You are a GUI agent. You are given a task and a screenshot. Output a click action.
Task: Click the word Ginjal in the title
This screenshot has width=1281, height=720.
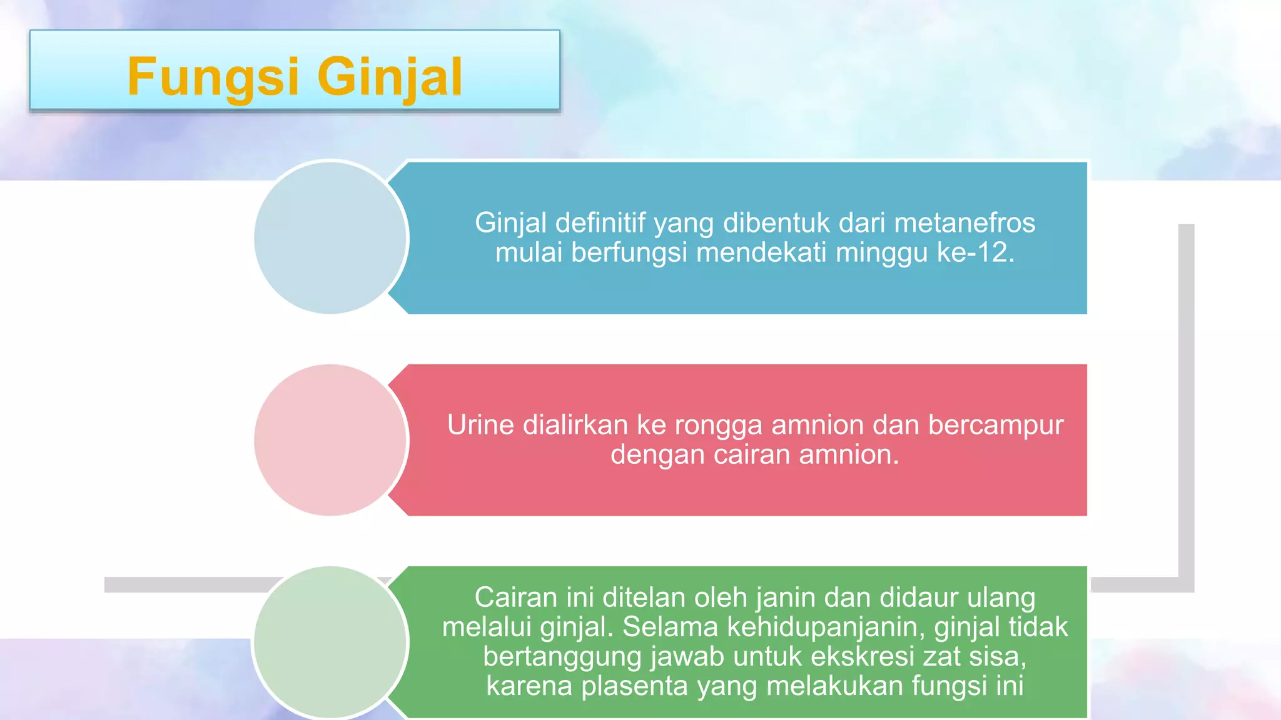(390, 77)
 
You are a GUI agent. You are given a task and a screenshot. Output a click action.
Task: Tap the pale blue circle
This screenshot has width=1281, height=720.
(330, 237)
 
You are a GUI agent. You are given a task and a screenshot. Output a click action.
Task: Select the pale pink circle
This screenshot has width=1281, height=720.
(330, 440)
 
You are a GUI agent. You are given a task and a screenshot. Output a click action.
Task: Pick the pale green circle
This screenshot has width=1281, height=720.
(330, 642)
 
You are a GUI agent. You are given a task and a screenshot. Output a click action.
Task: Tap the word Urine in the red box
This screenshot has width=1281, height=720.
(480, 425)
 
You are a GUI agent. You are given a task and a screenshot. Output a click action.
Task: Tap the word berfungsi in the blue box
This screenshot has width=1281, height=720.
(629, 253)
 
